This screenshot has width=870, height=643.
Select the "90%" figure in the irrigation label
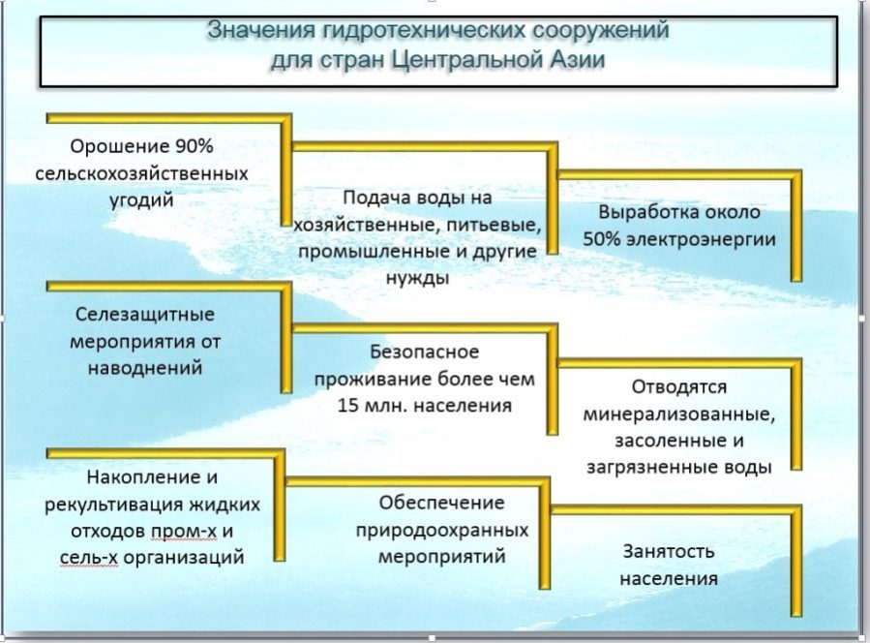tap(195, 146)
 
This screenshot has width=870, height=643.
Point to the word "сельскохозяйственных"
tap(141, 173)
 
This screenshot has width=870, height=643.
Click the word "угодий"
tap(141, 200)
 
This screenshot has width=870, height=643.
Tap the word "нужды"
tap(417, 278)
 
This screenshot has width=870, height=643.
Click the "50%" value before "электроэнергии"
tap(602, 239)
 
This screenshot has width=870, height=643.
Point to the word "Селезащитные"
tap(145, 315)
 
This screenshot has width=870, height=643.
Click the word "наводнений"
tap(145, 368)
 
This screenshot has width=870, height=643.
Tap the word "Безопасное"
tap(425, 352)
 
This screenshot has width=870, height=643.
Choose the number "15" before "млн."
tap(347, 406)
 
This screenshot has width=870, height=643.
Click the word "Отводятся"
tap(679, 387)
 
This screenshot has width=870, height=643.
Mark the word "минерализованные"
tap(679, 414)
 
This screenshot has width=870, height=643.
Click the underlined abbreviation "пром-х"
tap(184, 532)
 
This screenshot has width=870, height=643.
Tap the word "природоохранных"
tap(441, 531)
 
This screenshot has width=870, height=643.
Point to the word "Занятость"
tap(669, 552)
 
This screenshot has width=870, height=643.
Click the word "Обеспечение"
tap(441, 504)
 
